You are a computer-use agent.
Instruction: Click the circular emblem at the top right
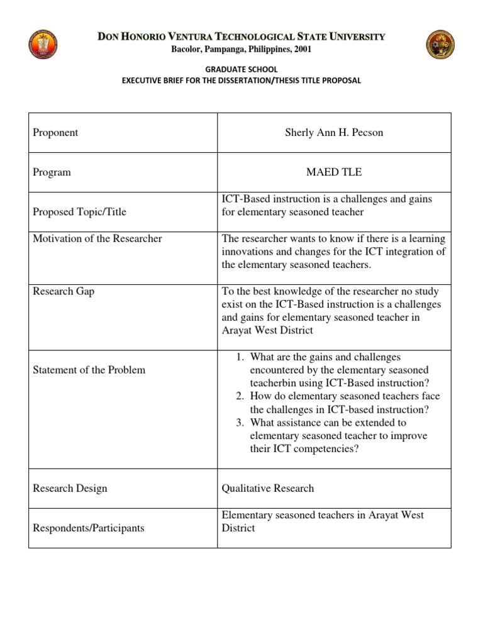pyautogui.click(x=440, y=45)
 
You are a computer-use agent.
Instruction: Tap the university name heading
pyautogui.click(x=241, y=37)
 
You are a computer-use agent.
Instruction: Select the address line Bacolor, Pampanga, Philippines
pyautogui.click(x=241, y=49)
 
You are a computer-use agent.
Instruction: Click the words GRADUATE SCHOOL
pyautogui.click(x=241, y=69)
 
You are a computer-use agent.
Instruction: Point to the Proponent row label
pyautogui.click(x=55, y=133)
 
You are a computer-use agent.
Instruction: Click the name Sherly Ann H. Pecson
pyautogui.click(x=334, y=133)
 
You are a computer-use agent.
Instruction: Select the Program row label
pyautogui.click(x=52, y=172)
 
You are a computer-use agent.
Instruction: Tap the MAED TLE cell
pyautogui.click(x=334, y=172)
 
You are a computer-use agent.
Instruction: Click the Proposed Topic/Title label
pyautogui.click(x=79, y=212)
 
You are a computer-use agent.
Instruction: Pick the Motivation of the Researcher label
pyautogui.click(x=97, y=238)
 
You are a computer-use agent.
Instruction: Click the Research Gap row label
pyautogui.click(x=64, y=291)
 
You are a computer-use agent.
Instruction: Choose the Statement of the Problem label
pyautogui.click(x=89, y=370)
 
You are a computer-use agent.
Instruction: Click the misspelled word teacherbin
pyautogui.click(x=274, y=383)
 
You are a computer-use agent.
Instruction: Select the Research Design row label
pyautogui.click(x=70, y=488)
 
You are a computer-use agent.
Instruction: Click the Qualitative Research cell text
pyautogui.click(x=268, y=488)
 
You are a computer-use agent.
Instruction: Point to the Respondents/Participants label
pyautogui.click(x=88, y=528)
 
